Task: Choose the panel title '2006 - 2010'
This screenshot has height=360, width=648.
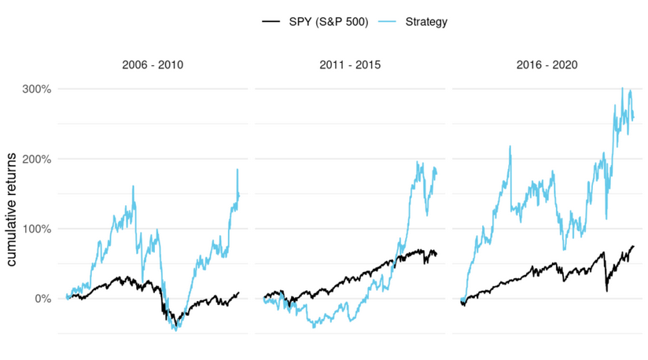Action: tap(153, 64)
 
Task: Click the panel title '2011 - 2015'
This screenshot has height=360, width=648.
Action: tap(350, 64)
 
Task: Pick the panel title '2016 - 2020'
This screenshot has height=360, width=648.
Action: tap(547, 64)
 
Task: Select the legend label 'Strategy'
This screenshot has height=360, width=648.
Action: tap(426, 22)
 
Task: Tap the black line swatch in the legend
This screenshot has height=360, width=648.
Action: tap(271, 22)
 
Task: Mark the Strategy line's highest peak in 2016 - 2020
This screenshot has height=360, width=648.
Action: tap(623, 88)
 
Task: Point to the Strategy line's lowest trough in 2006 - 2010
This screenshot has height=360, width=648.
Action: tap(175, 330)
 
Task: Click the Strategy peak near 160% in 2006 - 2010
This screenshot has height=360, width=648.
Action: tap(133, 186)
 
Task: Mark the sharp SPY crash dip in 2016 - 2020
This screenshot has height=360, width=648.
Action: tap(606, 292)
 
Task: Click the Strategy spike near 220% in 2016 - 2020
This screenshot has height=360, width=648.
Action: tap(510, 145)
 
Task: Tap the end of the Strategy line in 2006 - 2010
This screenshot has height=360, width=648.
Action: tap(239, 194)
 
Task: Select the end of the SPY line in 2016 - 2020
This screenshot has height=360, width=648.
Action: tap(634, 246)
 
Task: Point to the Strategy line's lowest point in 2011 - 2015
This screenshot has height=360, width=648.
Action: tap(315, 326)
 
